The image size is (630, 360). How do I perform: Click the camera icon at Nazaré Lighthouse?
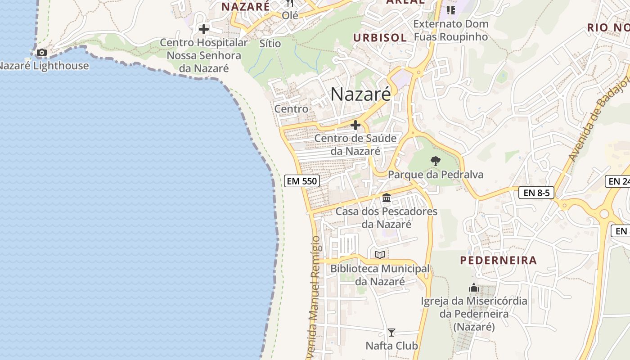coord(42,53)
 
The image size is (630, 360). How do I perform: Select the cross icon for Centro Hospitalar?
coord(204,30)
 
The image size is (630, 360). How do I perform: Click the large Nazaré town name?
coord(360,94)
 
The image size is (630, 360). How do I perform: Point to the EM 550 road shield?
coord(302,181)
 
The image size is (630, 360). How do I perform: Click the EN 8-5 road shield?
coord(536,193)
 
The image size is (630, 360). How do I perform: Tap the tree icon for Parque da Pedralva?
coord(435,161)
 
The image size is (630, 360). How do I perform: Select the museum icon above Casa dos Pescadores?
coord(386,198)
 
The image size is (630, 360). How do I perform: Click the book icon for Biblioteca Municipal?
coord(380,255)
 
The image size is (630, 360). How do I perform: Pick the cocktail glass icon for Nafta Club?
coord(391,333)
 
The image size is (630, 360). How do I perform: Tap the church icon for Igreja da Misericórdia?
coord(474,288)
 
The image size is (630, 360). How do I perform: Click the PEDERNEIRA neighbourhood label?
coord(499,260)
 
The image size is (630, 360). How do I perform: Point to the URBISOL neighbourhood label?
coord(380,37)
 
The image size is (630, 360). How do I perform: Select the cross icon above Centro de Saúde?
coord(355,125)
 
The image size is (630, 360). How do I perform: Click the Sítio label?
coord(270,44)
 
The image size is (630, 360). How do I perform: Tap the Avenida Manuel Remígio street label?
coord(315,297)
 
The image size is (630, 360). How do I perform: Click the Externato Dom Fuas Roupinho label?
coord(450,30)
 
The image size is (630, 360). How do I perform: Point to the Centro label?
coord(291,109)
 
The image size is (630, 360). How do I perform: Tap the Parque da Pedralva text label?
coord(436,175)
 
